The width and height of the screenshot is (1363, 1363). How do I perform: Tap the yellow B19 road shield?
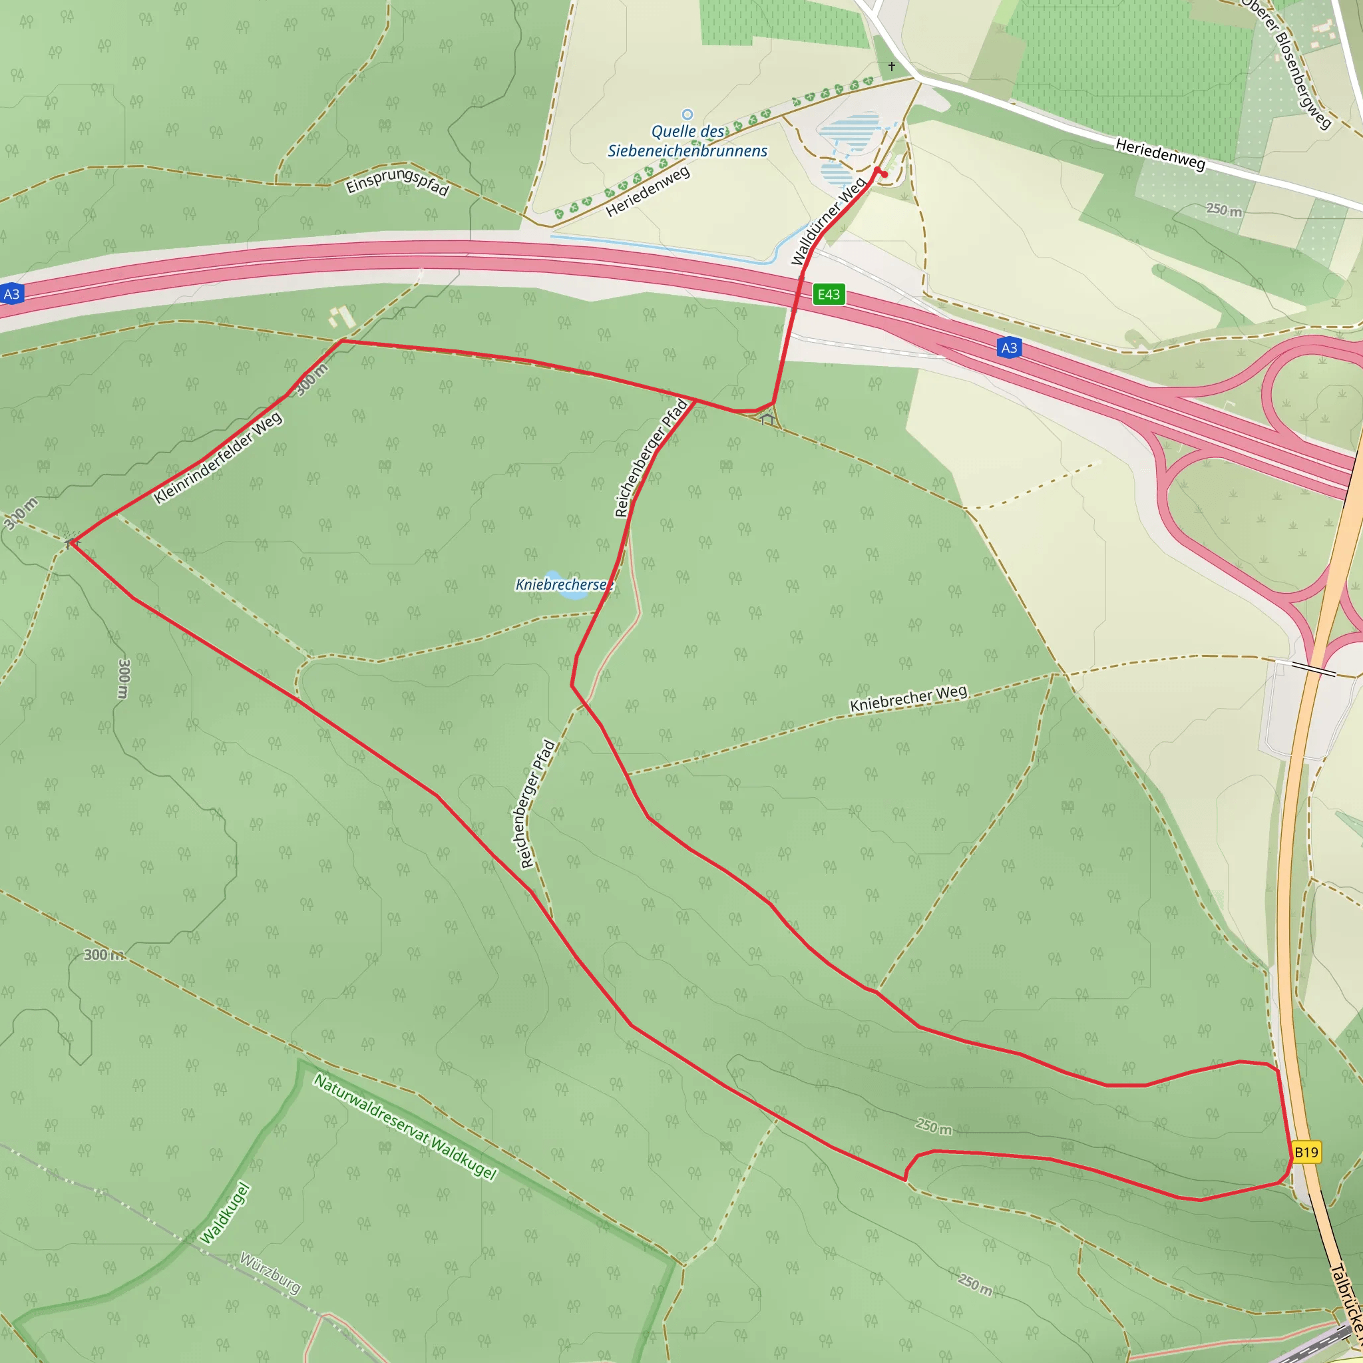(1306, 1152)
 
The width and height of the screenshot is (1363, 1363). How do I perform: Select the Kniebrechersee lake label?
(564, 584)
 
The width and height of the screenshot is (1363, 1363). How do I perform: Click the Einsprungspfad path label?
(397, 180)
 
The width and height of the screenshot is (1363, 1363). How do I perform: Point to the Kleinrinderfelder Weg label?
(218, 458)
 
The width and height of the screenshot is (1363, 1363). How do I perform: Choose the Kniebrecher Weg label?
(908, 698)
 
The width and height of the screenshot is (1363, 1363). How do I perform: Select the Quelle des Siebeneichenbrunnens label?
(687, 141)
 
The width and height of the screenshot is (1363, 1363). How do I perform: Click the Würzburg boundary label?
(270, 1273)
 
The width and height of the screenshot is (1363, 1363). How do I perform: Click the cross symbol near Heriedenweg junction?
(892, 67)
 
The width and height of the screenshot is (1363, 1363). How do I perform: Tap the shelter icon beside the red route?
(767, 420)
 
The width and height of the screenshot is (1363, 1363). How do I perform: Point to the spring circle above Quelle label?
(687, 114)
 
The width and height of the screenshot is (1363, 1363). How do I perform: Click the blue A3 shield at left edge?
(12, 294)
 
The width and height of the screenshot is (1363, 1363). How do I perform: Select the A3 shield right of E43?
(1009, 348)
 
